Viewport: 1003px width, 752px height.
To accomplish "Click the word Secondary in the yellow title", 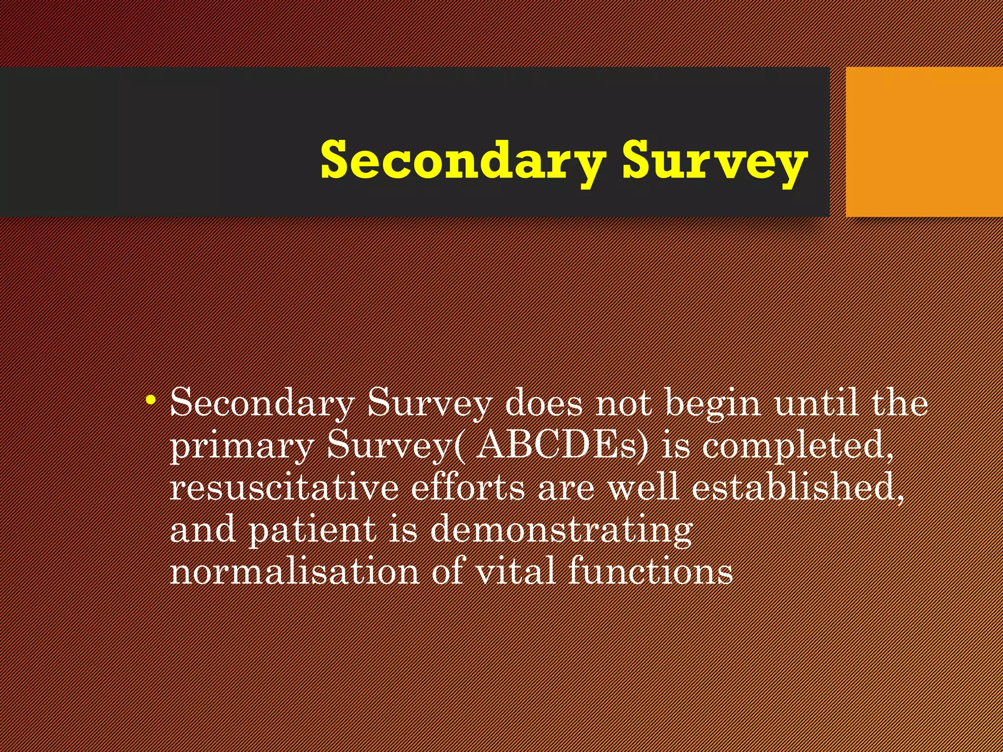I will tap(463, 161).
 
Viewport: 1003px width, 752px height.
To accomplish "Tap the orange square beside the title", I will tap(924, 141).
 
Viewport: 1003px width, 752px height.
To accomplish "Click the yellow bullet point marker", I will tap(151, 400).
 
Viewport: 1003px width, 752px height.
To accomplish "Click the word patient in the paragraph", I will tap(312, 530).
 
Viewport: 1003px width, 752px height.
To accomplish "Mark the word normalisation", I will tap(294, 571).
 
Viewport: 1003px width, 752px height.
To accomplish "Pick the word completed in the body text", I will tap(797, 446).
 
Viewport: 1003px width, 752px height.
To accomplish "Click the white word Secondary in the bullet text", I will tap(262, 404).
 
